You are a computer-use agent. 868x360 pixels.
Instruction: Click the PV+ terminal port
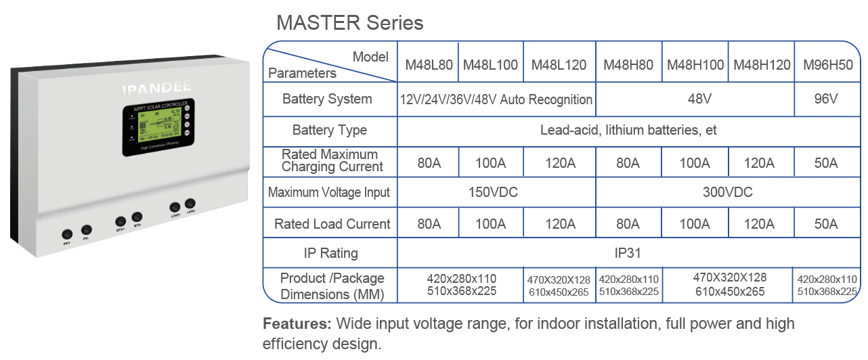click(x=67, y=231)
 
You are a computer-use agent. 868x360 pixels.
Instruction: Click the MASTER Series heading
click(x=349, y=22)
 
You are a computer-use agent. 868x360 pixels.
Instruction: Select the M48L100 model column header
click(x=491, y=65)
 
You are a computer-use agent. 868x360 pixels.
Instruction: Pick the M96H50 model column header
click(x=827, y=65)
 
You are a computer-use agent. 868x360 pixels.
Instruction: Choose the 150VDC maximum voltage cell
click(x=493, y=192)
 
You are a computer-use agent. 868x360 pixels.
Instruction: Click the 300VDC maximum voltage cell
click(x=727, y=192)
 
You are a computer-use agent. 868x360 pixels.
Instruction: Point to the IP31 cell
click(x=628, y=253)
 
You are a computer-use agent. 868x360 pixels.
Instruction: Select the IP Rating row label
click(x=330, y=253)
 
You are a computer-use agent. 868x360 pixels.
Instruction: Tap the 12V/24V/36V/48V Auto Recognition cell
click(x=496, y=99)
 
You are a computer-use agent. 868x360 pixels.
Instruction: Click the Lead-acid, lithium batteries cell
click(x=628, y=130)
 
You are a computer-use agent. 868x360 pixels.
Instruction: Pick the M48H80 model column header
click(x=628, y=65)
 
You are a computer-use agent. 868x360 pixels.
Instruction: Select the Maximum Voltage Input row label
click(x=329, y=192)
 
